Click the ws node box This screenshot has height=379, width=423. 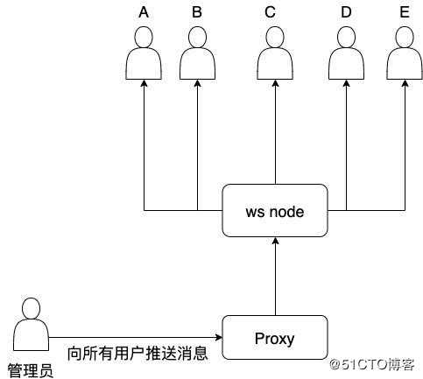coord(275,210)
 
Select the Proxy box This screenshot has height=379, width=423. coord(275,337)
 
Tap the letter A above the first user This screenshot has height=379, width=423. coord(144,12)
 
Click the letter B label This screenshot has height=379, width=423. coord(197,12)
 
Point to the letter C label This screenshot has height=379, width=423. coord(270,12)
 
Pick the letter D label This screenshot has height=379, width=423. coord(346,12)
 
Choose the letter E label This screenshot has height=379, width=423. coord(405,12)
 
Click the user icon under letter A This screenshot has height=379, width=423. coord(144,53)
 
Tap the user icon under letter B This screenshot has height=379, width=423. coord(197,53)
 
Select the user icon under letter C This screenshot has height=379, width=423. coord(275,53)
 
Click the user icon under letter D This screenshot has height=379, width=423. coord(346,53)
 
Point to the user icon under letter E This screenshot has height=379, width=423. coord(405,53)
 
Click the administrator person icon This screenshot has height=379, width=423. coord(32,324)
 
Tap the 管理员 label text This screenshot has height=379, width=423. coord(31,370)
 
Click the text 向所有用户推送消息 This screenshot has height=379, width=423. coord(137,354)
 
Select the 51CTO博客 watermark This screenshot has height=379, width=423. coord(372,364)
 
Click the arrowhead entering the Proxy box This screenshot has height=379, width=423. coord(219,338)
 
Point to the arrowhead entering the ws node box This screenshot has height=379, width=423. coord(275,241)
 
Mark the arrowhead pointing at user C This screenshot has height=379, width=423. coord(275,83)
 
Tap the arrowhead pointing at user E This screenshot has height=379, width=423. coord(405,83)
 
